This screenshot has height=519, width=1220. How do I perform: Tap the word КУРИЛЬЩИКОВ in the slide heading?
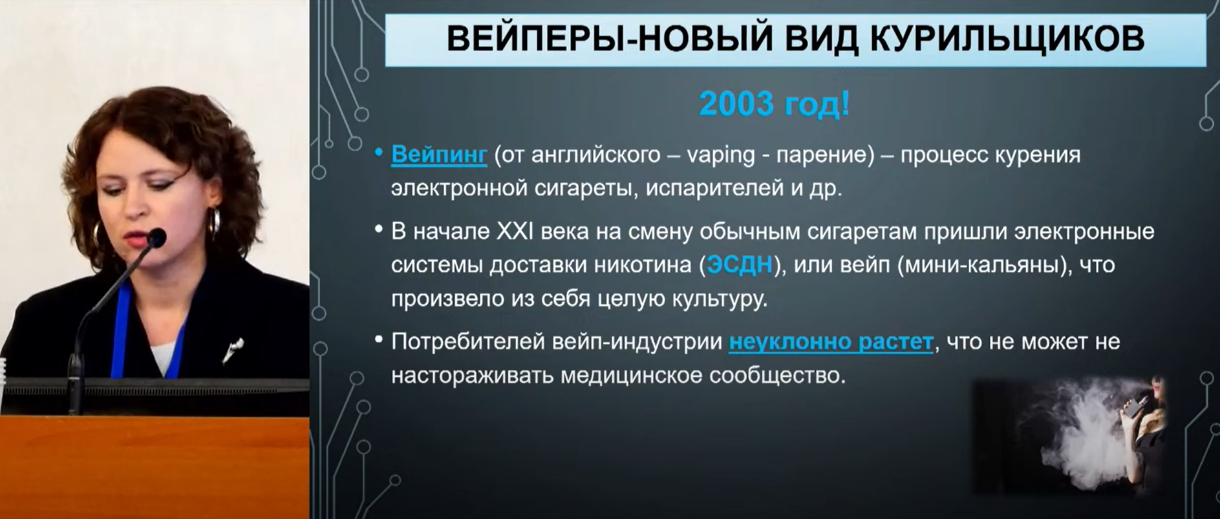tap(1007, 39)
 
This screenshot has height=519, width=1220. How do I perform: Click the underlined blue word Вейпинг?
tap(439, 155)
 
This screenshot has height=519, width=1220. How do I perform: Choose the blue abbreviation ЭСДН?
tap(740, 265)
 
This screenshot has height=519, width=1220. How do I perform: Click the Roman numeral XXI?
tap(515, 231)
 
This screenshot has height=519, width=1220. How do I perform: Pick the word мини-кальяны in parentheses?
tap(981, 265)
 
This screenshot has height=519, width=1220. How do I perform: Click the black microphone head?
tap(156, 238)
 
